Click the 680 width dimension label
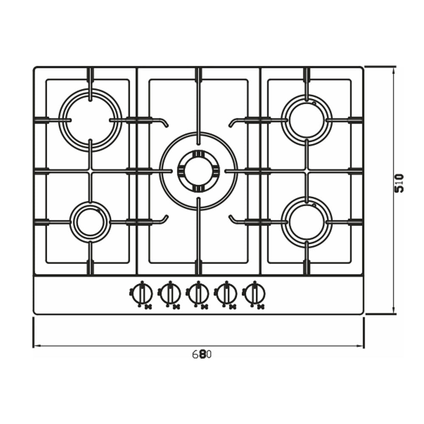coord(202,354)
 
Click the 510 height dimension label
coord(399,183)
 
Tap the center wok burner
coord(198,171)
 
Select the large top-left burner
coord(90,120)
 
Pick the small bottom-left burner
coord(90,222)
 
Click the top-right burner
coord(307,120)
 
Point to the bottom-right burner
coord(307,222)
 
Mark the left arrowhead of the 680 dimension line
coord(35,346)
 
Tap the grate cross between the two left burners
coord(90,171)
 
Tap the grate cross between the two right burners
coord(307,171)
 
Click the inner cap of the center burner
coord(198,171)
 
